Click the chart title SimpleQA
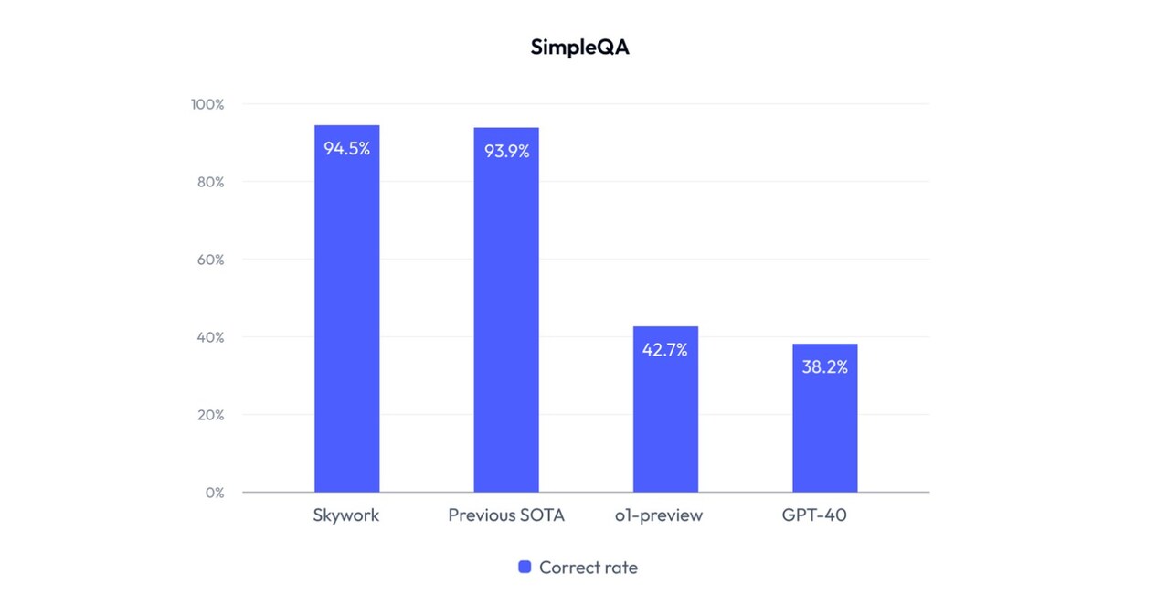click(579, 48)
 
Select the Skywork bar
click(346, 311)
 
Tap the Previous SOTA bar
click(506, 311)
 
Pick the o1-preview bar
click(665, 411)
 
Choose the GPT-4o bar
click(824, 420)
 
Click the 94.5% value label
click(346, 148)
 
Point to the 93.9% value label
click(506, 151)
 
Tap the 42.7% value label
click(665, 349)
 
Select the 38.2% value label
click(824, 366)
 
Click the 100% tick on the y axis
click(207, 104)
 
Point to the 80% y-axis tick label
click(210, 182)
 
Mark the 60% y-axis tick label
click(210, 260)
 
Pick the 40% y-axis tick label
click(210, 337)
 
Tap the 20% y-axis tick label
click(210, 415)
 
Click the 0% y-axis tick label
click(215, 493)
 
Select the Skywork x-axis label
click(346, 515)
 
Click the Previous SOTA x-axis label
click(506, 515)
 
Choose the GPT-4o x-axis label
click(814, 515)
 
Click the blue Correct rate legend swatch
click(525, 567)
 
